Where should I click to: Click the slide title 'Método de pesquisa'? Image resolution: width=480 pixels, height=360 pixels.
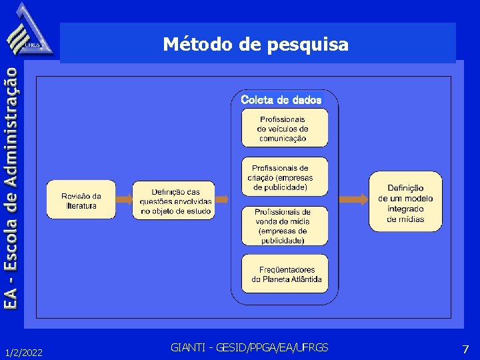[256, 44]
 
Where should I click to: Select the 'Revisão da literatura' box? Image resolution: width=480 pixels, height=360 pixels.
[81, 200]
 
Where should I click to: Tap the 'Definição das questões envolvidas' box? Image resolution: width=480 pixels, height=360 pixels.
[174, 200]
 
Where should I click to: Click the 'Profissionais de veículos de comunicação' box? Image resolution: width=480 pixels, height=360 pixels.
[284, 127]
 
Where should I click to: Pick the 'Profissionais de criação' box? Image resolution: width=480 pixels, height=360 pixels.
[284, 177]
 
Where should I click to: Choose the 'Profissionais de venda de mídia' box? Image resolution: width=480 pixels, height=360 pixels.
[284, 225]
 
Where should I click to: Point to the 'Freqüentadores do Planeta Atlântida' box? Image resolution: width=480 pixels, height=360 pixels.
[285, 273]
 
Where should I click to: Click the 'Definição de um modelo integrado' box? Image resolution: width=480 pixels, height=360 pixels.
[405, 201]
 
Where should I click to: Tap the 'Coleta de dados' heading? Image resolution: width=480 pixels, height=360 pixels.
[281, 100]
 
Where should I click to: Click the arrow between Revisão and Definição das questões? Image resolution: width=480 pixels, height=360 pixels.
[124, 199]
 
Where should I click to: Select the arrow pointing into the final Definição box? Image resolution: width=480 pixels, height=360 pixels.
[354, 199]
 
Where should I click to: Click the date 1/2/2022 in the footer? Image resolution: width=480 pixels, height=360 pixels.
[23, 351]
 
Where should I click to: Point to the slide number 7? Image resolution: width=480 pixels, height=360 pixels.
[465, 349]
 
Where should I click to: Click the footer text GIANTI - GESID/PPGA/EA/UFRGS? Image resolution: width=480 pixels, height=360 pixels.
[249, 347]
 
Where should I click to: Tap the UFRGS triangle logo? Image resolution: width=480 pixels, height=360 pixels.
[29, 31]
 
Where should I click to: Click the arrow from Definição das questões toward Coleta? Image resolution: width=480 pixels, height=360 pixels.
[223, 199]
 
